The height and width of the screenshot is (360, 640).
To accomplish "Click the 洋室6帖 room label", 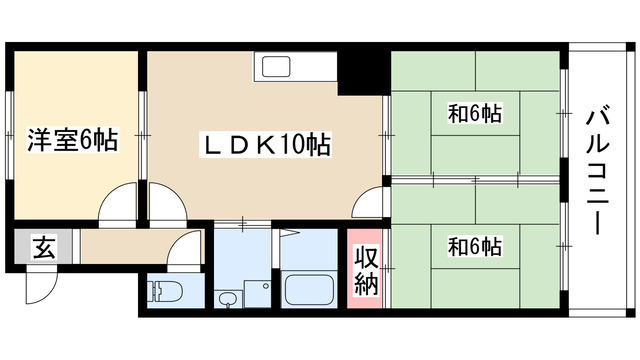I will [x=72, y=141].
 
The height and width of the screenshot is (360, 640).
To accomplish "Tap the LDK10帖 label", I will [x=267, y=145].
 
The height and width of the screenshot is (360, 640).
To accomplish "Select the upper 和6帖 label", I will [x=473, y=115].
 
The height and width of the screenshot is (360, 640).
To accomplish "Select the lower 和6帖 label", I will [x=473, y=245].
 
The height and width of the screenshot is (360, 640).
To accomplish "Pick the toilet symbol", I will [x=162, y=293].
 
